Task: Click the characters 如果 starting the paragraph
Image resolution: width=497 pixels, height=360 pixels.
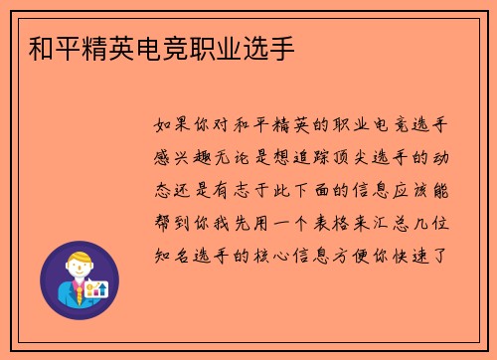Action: click(176, 125)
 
